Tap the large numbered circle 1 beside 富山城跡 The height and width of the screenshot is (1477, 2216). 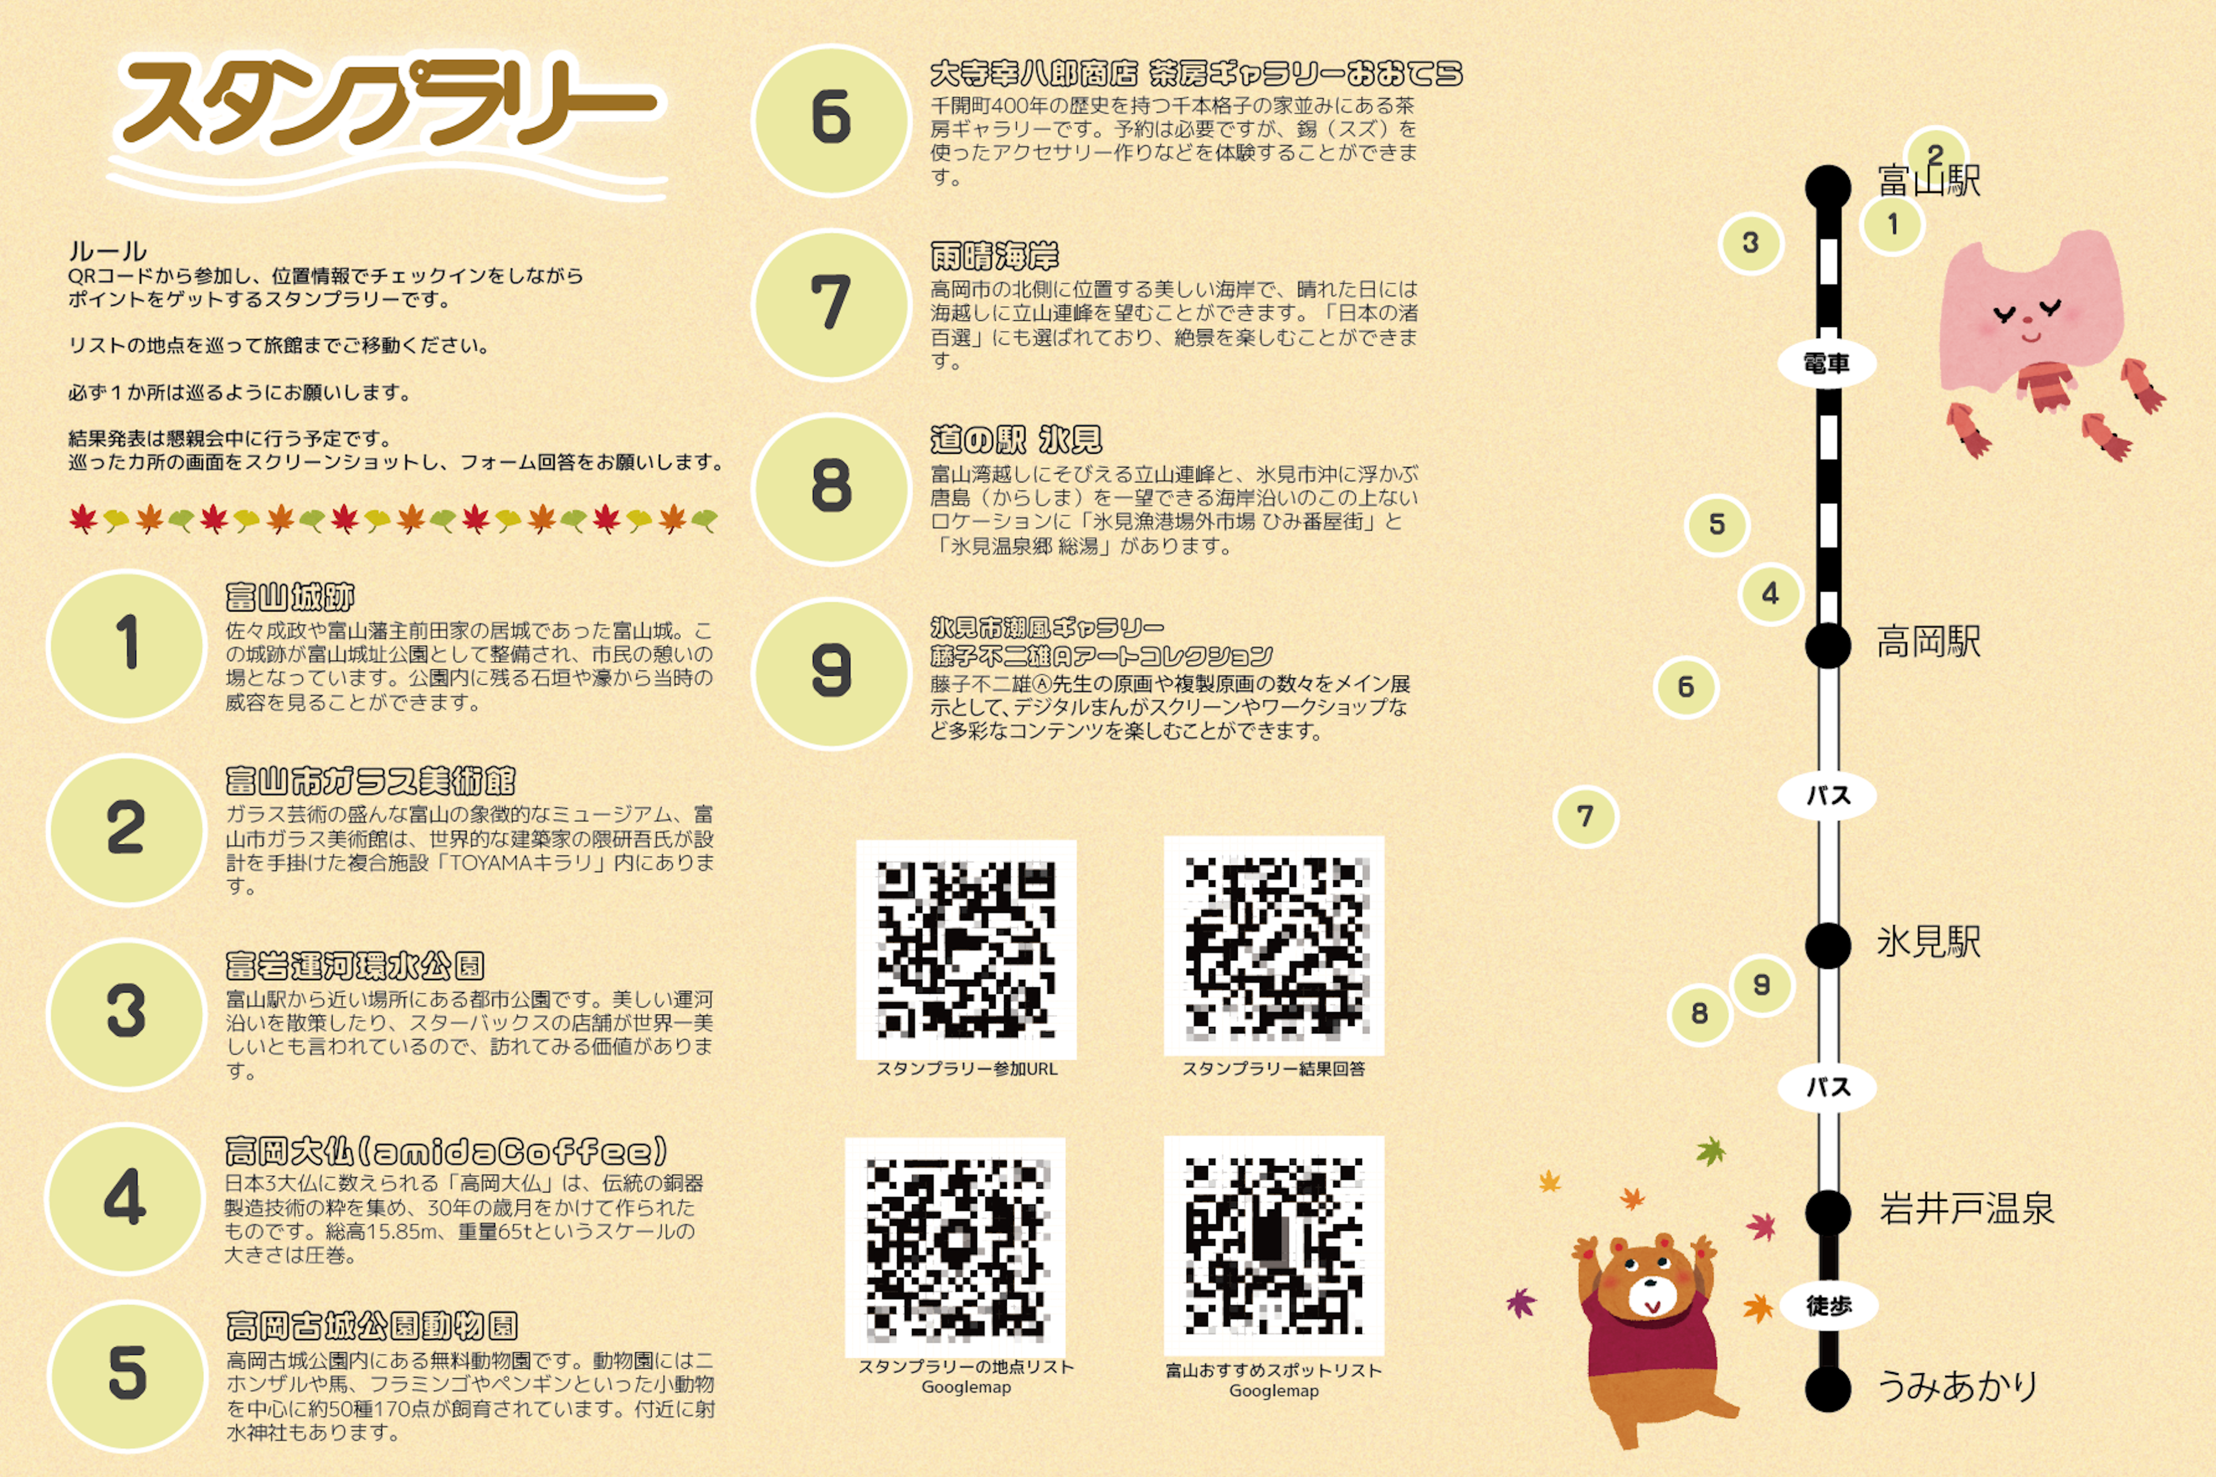coord(126,646)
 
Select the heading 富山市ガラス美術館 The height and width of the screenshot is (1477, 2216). coord(370,781)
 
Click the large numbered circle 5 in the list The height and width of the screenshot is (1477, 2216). coord(126,1375)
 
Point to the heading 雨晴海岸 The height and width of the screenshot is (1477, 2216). coord(994,255)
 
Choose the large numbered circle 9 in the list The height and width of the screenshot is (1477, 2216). coord(831,673)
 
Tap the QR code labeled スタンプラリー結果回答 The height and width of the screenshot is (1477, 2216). coord(1274,946)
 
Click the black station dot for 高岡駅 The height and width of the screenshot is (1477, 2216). coord(1828,645)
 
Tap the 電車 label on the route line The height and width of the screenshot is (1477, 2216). coord(1827,363)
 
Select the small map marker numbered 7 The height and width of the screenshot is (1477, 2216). coord(1586,816)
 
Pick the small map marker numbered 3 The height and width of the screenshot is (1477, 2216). coord(1750,242)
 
